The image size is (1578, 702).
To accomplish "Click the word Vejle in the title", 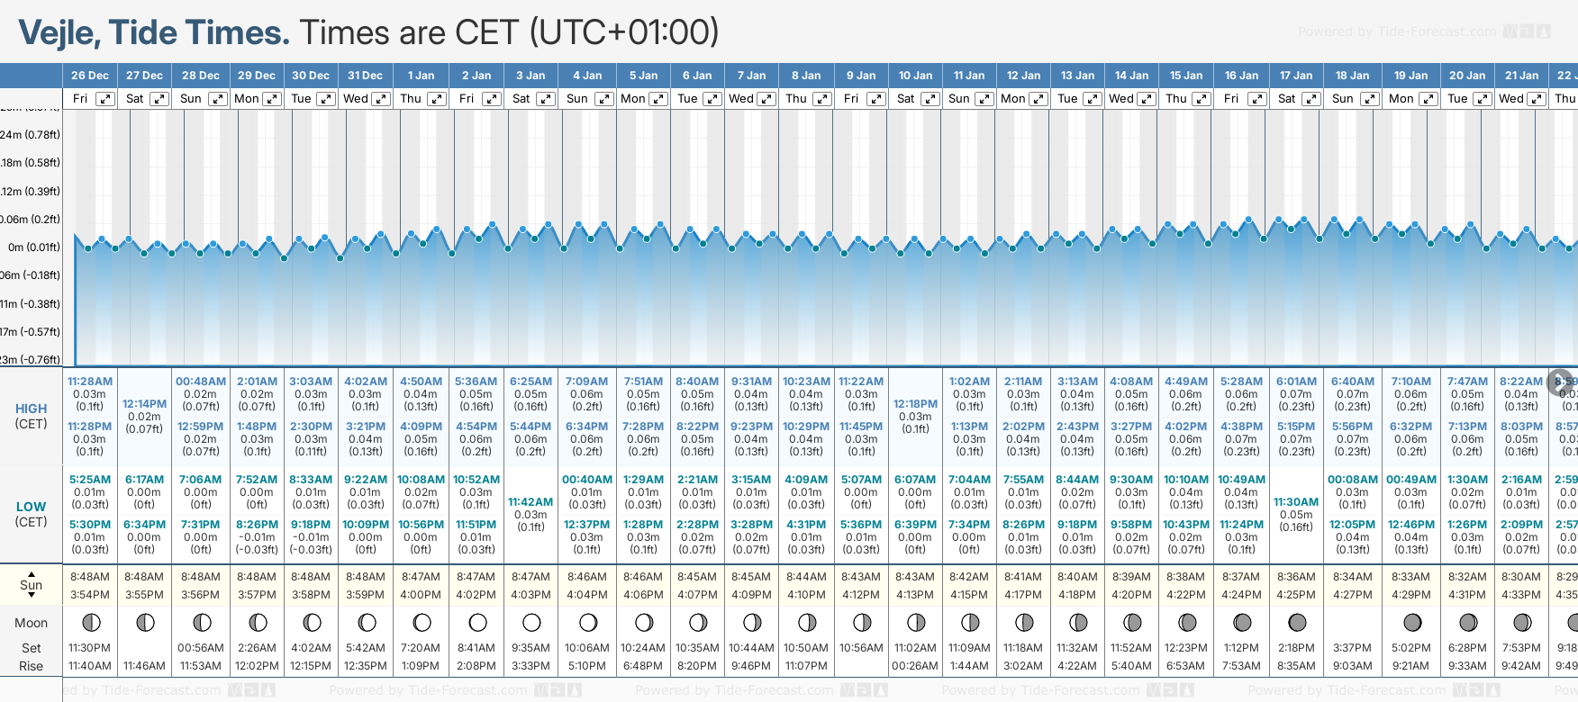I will click(x=60, y=33).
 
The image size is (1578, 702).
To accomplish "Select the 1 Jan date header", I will click(x=421, y=76).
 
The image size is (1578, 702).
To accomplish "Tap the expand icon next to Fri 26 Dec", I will click(x=105, y=99).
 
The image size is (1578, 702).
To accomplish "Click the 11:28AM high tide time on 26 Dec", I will click(x=90, y=382).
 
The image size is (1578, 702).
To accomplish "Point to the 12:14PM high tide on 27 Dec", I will click(x=145, y=404).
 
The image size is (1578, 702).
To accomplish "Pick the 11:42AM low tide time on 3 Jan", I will click(x=531, y=502).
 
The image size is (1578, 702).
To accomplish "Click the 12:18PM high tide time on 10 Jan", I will click(x=915, y=404).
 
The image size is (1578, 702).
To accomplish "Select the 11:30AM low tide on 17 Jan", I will click(x=1296, y=502).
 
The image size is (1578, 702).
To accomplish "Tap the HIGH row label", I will click(x=32, y=409).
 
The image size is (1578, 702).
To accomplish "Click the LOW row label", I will click(x=32, y=507).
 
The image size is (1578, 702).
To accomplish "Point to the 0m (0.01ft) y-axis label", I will click(x=33, y=247).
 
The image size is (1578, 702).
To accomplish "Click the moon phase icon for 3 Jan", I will click(x=531, y=622).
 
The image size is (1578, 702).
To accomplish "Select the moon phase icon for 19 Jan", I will click(x=1411, y=622).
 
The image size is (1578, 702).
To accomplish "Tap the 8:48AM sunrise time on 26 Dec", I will click(x=90, y=577).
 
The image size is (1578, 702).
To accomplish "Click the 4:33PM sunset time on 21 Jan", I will click(x=1520, y=595).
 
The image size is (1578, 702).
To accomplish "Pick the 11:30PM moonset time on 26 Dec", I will click(x=90, y=648).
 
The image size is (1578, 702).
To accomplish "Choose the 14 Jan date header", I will click(x=1131, y=76).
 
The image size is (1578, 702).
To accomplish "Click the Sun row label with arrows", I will click(x=32, y=585).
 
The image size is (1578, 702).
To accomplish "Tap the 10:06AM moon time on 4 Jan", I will click(x=587, y=648).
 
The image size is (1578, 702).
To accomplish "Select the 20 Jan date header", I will click(x=1466, y=76).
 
